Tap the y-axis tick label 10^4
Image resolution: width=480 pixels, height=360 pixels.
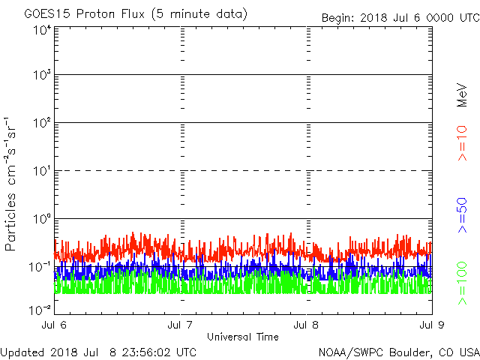pos(42,30)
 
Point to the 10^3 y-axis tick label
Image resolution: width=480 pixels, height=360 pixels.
pos(42,75)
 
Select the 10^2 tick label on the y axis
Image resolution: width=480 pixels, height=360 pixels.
pos(42,122)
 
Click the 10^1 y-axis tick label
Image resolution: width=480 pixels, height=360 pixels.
pos(42,170)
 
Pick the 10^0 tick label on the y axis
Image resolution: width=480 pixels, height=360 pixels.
pos(42,218)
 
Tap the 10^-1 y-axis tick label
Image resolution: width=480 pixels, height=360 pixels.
pos(40,266)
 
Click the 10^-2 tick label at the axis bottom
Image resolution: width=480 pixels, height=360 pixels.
pos(40,309)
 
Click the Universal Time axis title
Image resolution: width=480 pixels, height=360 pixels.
pos(243,337)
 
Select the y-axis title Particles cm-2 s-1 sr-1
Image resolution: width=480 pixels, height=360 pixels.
pos(13,183)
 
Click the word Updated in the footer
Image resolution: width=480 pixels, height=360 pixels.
pos(22,352)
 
